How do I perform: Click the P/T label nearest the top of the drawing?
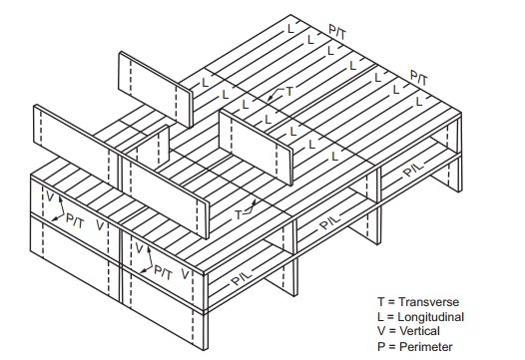pyautogui.click(x=338, y=33)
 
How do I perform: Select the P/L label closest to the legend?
pyautogui.click(x=413, y=171)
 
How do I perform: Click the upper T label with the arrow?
pyautogui.click(x=289, y=91)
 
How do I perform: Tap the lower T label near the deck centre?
pyautogui.click(x=239, y=212)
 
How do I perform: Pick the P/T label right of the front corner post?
pyautogui.click(x=161, y=270)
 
